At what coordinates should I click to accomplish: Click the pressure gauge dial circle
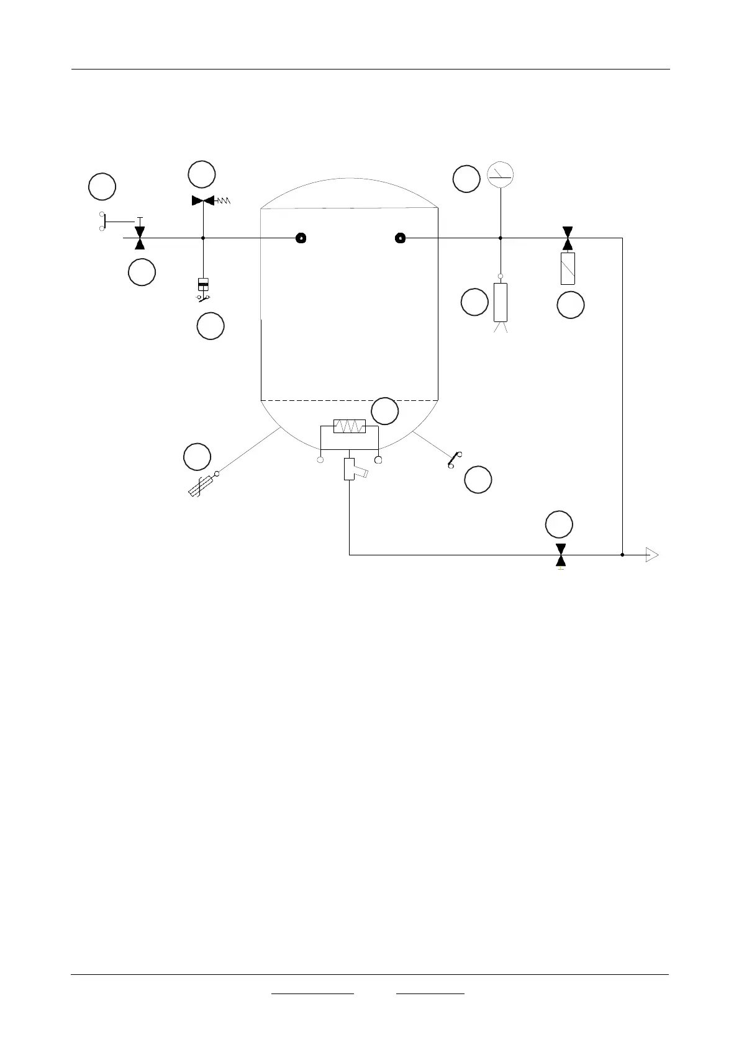coord(501,175)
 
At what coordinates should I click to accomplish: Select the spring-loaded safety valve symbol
coord(204,200)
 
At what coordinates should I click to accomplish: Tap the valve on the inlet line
coord(140,238)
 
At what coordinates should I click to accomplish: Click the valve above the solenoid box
coord(567,238)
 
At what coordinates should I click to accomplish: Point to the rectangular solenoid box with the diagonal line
coord(568,269)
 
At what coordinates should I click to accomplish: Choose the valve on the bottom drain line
coord(561,555)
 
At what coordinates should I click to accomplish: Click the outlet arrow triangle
coord(651,555)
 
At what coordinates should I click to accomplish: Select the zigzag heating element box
coord(349,426)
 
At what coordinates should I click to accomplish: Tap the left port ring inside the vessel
coord(301,238)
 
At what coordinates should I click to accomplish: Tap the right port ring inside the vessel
coord(401,238)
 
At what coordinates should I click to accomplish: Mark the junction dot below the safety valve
coord(204,238)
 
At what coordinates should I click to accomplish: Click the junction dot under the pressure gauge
coord(501,238)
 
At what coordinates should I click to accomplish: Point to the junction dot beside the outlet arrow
coord(622,555)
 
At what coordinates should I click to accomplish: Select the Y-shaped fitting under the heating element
coord(352,469)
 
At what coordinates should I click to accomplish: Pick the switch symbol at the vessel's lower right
coord(455,459)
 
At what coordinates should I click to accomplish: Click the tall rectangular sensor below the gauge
coord(501,302)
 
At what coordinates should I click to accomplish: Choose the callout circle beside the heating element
coord(384,411)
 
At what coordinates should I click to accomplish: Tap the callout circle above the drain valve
coord(559,524)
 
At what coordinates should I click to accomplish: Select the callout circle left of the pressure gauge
coord(466,179)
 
